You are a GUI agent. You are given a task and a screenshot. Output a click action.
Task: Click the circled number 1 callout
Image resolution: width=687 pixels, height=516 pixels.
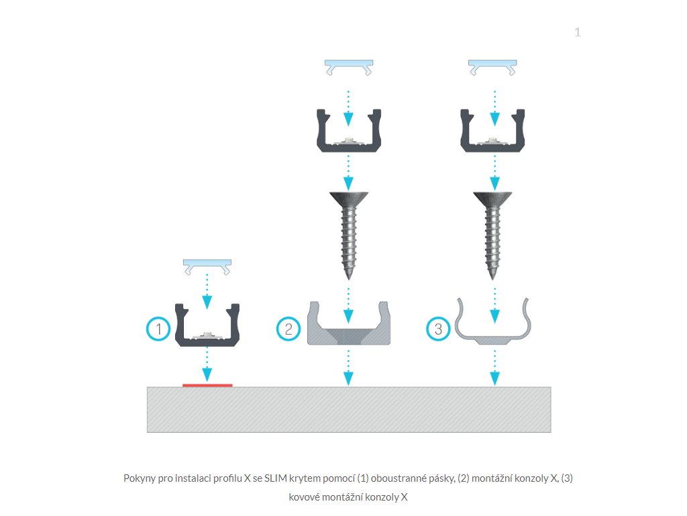click(x=158, y=329)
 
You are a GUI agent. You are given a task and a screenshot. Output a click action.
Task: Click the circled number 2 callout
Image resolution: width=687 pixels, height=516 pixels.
click(x=288, y=329)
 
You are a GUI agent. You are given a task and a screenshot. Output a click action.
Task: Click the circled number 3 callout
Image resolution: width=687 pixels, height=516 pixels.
click(x=438, y=329)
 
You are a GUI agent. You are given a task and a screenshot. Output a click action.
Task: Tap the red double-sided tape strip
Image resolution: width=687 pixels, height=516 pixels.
click(x=207, y=385)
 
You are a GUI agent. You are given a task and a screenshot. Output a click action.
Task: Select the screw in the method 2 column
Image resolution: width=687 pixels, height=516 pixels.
click(x=349, y=235)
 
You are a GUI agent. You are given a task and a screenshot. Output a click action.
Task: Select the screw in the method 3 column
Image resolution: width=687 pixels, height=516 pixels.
click(x=492, y=235)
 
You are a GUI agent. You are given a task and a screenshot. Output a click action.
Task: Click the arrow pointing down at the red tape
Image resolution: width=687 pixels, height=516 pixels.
click(x=207, y=365)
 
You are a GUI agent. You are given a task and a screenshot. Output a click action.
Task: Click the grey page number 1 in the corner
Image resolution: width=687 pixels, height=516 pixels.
click(x=578, y=32)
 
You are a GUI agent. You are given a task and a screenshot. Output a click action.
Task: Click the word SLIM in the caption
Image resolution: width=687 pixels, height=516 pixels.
click(x=274, y=478)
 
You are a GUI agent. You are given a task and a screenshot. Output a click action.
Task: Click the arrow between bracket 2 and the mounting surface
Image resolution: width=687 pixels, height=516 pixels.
click(x=348, y=368)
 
